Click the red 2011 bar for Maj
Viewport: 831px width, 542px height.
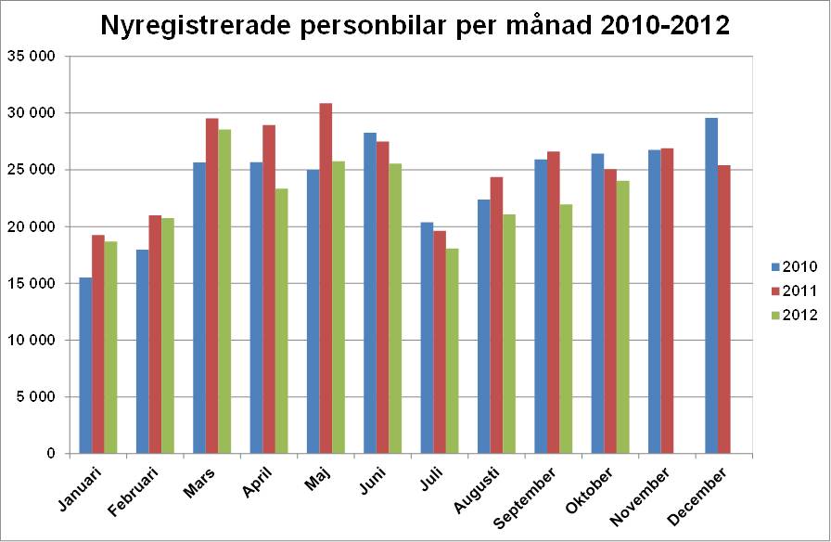pyautogui.click(x=326, y=278)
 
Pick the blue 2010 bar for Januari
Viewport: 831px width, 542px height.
pyautogui.click(x=85, y=366)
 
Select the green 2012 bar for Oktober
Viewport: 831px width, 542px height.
pyautogui.click(x=622, y=316)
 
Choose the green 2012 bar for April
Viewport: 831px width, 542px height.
pyautogui.click(x=281, y=321)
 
